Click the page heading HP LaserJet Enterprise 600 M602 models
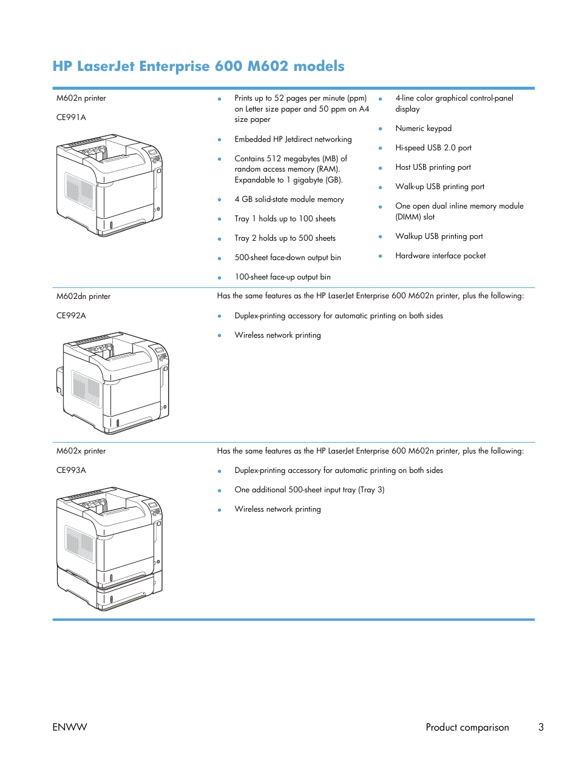coord(198,66)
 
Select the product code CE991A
coord(71,118)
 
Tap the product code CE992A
coord(71,316)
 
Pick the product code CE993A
coord(71,470)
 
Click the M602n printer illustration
coord(109,186)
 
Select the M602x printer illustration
coord(109,548)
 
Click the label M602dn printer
coord(83,296)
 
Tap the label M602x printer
coord(81,451)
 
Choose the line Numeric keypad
coord(423,129)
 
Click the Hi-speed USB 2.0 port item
coord(433,148)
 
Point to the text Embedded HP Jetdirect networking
coord(293,139)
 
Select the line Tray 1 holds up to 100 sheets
coord(285,219)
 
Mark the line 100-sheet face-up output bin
coord(282,277)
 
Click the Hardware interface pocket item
coord(440,256)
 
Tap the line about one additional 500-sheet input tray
coord(309,490)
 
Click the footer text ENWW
coord(70,727)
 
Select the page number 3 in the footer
coord(541,727)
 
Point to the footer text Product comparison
coord(467,727)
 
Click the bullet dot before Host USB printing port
coord(381,168)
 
